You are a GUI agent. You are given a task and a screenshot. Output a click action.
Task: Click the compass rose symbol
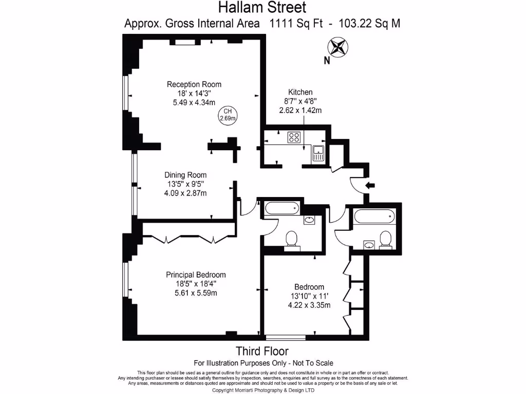click(337, 47)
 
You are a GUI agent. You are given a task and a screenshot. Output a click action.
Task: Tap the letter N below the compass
click(327, 61)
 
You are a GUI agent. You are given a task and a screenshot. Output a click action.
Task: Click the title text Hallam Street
click(262, 8)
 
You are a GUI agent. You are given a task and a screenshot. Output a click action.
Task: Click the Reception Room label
click(194, 84)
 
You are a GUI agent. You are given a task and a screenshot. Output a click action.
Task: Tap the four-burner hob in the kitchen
click(294, 137)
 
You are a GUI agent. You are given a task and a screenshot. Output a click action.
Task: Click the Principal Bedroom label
click(196, 274)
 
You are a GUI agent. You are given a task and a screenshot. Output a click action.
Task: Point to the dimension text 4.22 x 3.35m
click(309, 305)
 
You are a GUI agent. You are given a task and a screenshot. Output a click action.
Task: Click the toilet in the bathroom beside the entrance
click(385, 239)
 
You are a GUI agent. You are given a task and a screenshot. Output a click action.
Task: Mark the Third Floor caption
click(262, 351)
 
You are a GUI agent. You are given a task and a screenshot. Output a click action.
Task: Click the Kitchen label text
click(300, 92)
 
